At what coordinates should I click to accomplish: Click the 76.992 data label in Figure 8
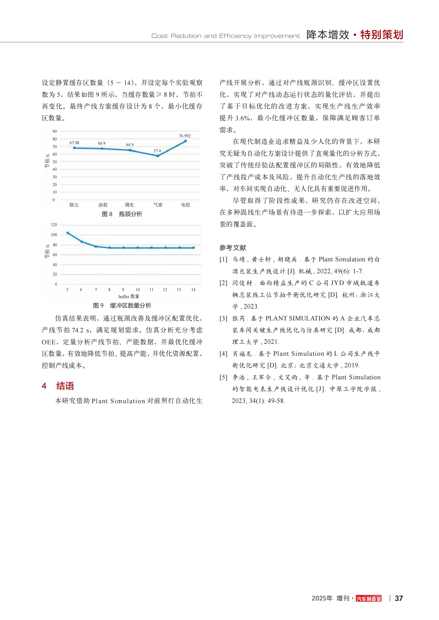[x=185, y=136]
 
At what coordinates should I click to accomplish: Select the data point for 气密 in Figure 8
[x=158, y=156]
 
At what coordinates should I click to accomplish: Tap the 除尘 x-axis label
[x=74, y=205]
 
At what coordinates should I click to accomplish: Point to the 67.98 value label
[x=74, y=143]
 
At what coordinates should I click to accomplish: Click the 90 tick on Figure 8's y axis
[x=55, y=131]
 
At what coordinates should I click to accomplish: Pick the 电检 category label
[x=186, y=205]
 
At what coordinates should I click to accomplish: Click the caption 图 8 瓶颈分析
[x=122, y=214]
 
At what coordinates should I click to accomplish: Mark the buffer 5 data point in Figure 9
[x=68, y=233]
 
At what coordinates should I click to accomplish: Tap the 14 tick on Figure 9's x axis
[x=193, y=290]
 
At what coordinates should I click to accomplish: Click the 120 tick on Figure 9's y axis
[x=54, y=225]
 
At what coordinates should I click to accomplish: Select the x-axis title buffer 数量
[x=129, y=297]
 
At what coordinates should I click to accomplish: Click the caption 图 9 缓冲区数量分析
[x=122, y=305]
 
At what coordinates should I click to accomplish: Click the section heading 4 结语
[x=58, y=386]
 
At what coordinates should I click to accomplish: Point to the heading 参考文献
[x=233, y=248]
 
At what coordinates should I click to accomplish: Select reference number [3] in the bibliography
[x=223, y=319]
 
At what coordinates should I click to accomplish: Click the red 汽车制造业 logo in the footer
[x=368, y=599]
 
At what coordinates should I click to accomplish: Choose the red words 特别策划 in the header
[x=381, y=35]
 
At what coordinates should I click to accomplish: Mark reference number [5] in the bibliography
[x=223, y=377]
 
